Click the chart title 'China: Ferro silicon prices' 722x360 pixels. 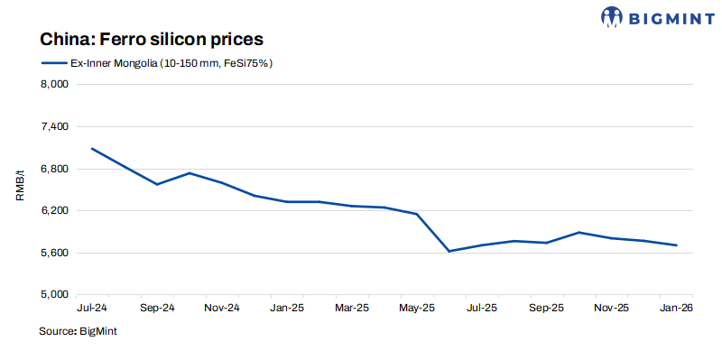(x=151, y=40)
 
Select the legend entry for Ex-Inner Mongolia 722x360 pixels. (x=157, y=63)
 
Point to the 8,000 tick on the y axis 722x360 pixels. (x=56, y=85)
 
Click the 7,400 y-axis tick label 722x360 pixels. (x=56, y=127)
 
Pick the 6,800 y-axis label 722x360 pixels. (x=56, y=169)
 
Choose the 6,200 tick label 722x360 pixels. (x=56, y=211)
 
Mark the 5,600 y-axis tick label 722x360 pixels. (x=56, y=253)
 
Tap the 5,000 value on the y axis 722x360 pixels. (x=56, y=295)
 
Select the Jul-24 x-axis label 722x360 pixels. (x=91, y=308)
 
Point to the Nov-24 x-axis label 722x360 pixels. (x=221, y=308)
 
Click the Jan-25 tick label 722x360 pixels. (x=287, y=308)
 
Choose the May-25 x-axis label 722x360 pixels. (x=416, y=308)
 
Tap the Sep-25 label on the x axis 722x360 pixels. (x=546, y=308)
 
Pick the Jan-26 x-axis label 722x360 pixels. (x=676, y=308)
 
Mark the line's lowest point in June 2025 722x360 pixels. (x=449, y=251)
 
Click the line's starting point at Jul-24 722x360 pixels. (x=92, y=148)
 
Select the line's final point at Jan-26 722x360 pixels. (x=677, y=245)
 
